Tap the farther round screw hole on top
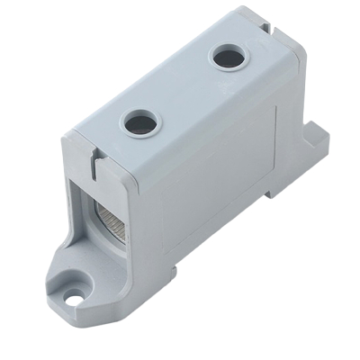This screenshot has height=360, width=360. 228,58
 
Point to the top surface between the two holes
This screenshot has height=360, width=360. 184,90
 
